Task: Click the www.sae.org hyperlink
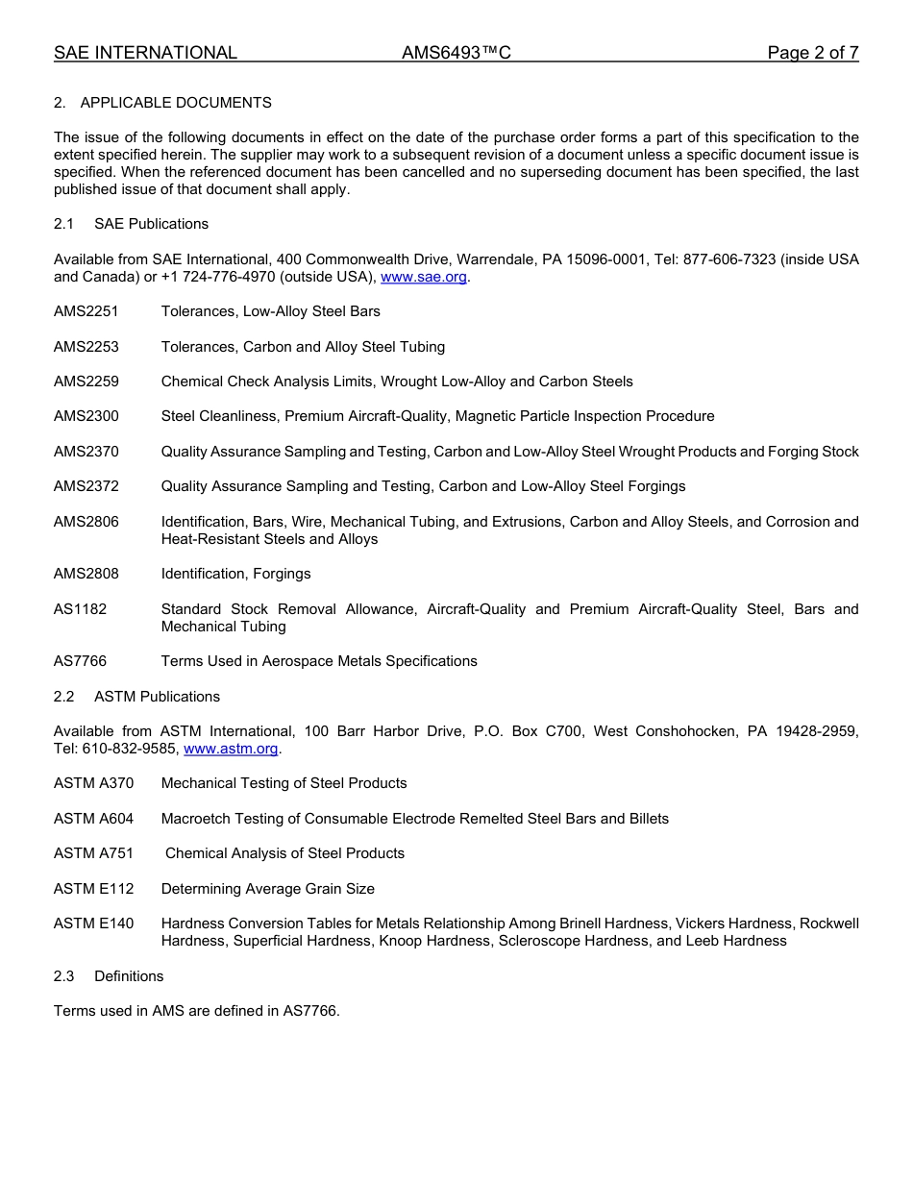424,277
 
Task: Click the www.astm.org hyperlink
231,749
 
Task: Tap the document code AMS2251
86,311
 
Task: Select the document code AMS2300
86,416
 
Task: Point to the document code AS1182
81,609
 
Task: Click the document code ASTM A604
94,819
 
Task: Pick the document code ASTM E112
94,889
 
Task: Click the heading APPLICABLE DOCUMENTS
176,103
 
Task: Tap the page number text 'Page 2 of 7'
812,53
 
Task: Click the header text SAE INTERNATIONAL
145,53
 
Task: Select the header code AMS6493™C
456,53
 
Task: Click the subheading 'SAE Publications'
151,224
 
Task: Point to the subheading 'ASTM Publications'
157,697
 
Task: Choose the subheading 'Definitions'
129,976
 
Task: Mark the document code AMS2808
86,574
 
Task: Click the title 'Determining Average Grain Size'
268,889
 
